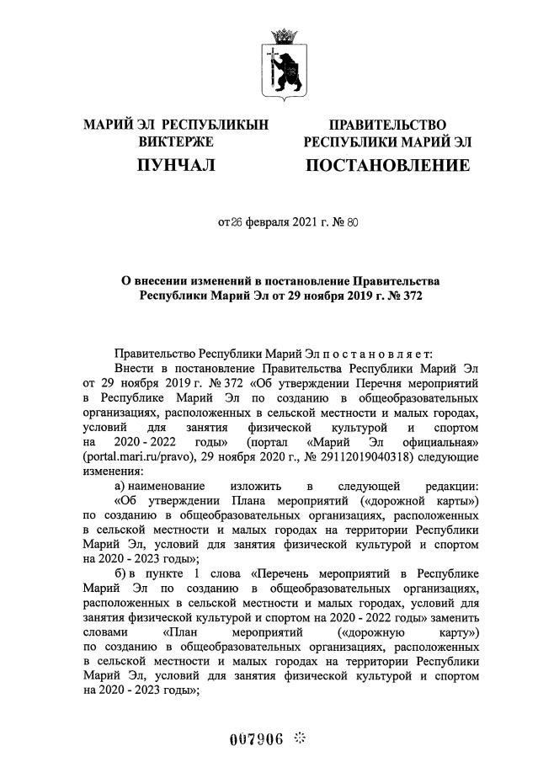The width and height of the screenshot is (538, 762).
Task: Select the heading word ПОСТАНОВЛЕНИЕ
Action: point(387,165)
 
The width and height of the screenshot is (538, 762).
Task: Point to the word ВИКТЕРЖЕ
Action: point(176,142)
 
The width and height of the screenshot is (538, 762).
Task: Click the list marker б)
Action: point(120,573)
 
